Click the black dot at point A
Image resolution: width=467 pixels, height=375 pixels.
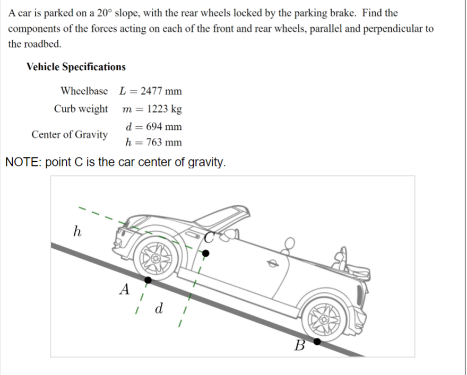click(149, 280)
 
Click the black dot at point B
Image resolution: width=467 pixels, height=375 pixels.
click(317, 342)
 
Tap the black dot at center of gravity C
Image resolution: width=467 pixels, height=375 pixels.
click(206, 254)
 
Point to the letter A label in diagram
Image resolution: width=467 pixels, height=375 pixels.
click(125, 290)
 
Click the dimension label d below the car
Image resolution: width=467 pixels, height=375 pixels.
click(158, 309)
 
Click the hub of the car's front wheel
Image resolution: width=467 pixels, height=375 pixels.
click(157, 257)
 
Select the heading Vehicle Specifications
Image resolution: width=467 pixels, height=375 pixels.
click(76, 67)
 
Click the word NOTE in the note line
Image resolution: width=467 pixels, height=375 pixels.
click(23, 162)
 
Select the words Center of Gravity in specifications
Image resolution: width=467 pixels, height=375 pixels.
click(69, 134)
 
